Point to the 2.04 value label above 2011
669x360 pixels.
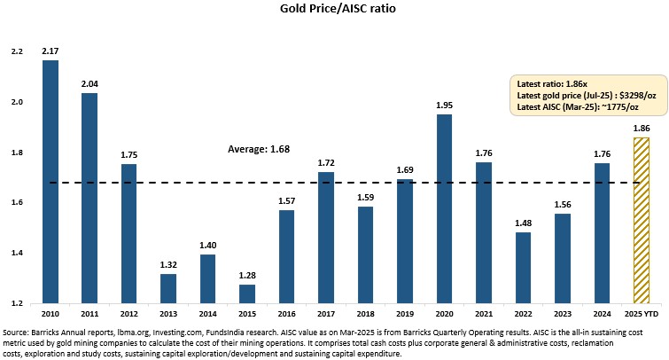(x=90, y=82)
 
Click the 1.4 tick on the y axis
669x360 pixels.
(x=17, y=254)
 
